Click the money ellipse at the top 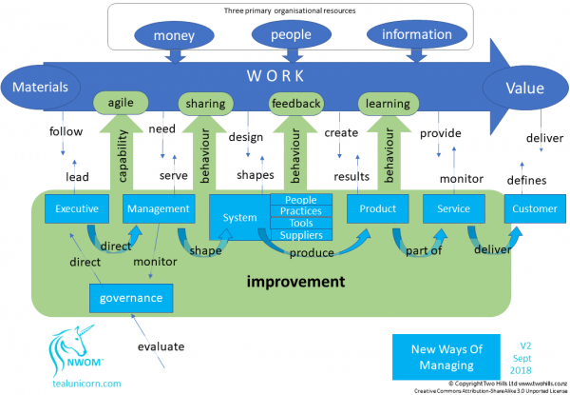click(174, 36)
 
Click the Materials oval click(41, 89)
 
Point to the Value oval click(519, 89)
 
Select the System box click(239, 218)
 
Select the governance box click(133, 298)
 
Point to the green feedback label click(296, 103)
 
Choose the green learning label click(388, 103)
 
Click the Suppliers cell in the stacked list click(302, 234)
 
